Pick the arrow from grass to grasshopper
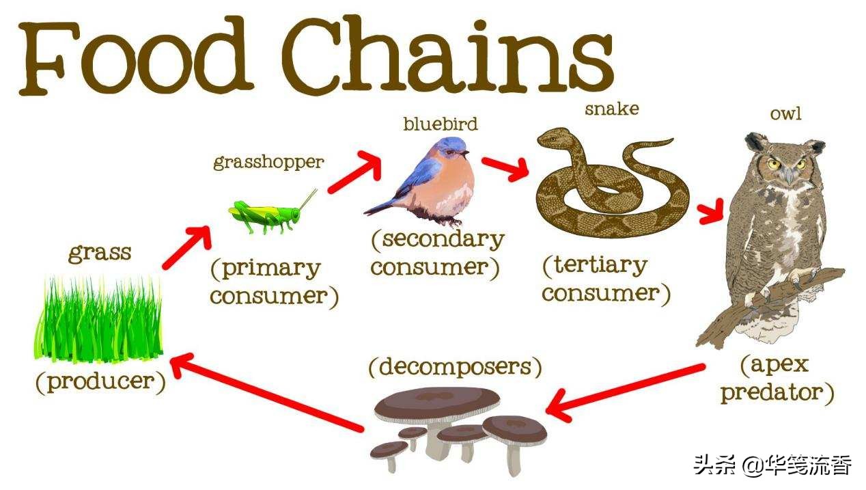[187, 247]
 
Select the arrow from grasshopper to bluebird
[354, 172]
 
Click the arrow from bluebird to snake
[505, 169]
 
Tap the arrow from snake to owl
[710, 211]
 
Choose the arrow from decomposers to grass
[267, 392]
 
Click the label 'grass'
[100, 254]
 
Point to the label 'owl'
[785, 113]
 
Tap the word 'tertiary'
[600, 266]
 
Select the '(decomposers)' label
[456, 367]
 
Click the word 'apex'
[780, 365]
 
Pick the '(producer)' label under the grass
[100, 383]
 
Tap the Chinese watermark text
[772, 465]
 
